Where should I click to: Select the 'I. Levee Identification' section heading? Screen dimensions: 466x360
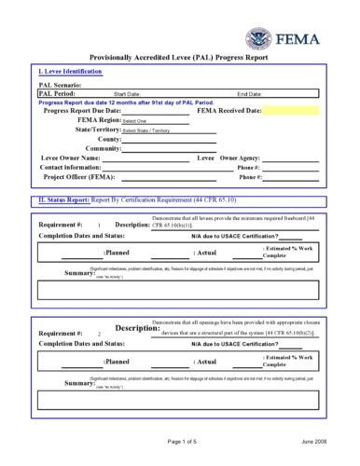click(71, 71)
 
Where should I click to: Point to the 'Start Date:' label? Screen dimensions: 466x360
click(127, 94)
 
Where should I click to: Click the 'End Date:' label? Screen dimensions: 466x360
click(250, 94)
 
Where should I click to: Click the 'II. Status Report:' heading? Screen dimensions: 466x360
click(65, 199)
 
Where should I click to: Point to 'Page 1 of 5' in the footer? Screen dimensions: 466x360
click(187, 441)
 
